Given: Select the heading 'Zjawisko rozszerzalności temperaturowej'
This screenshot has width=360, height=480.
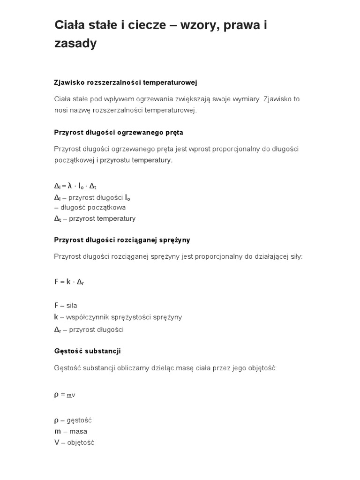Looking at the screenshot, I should pyautogui.click(x=126, y=82).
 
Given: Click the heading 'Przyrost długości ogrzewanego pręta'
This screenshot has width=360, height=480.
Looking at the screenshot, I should pyautogui.click(x=119, y=132).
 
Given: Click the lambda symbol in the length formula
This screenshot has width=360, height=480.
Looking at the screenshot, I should pyautogui.click(x=70, y=185).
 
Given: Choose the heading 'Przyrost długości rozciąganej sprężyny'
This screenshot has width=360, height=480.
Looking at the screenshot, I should pyautogui.click(x=122, y=240).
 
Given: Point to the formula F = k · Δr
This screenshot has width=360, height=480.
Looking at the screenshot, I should pyautogui.click(x=69, y=282).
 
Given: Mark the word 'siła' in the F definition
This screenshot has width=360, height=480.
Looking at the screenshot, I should pyautogui.click(x=71, y=306).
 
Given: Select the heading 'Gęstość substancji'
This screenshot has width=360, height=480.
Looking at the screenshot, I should pyautogui.click(x=87, y=351).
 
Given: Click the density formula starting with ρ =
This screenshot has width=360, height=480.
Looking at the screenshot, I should pyautogui.click(x=65, y=395).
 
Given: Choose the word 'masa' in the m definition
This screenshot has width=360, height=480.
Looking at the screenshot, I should pyautogui.click(x=78, y=431).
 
